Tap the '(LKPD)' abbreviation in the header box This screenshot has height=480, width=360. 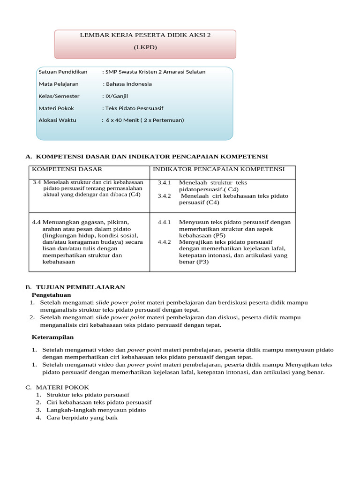[x=145, y=48]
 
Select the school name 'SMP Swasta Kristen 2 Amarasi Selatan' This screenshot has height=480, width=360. [x=155, y=72]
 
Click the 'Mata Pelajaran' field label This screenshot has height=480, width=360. [x=59, y=84]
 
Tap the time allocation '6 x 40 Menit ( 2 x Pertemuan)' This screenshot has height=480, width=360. [x=145, y=120]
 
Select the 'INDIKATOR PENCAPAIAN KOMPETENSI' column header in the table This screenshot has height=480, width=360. [x=217, y=169]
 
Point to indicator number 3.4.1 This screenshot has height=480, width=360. [x=165, y=183]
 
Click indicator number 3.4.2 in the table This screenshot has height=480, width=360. [x=165, y=196]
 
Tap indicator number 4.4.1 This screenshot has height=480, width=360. [x=165, y=222]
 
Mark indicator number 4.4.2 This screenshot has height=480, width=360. [x=165, y=242]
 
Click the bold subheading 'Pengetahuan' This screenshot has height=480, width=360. [x=51, y=295]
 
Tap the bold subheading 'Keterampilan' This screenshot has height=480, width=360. [x=52, y=337]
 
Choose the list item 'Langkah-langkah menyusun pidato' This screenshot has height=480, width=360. [x=96, y=410]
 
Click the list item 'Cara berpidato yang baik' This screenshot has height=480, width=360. [x=82, y=417]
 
